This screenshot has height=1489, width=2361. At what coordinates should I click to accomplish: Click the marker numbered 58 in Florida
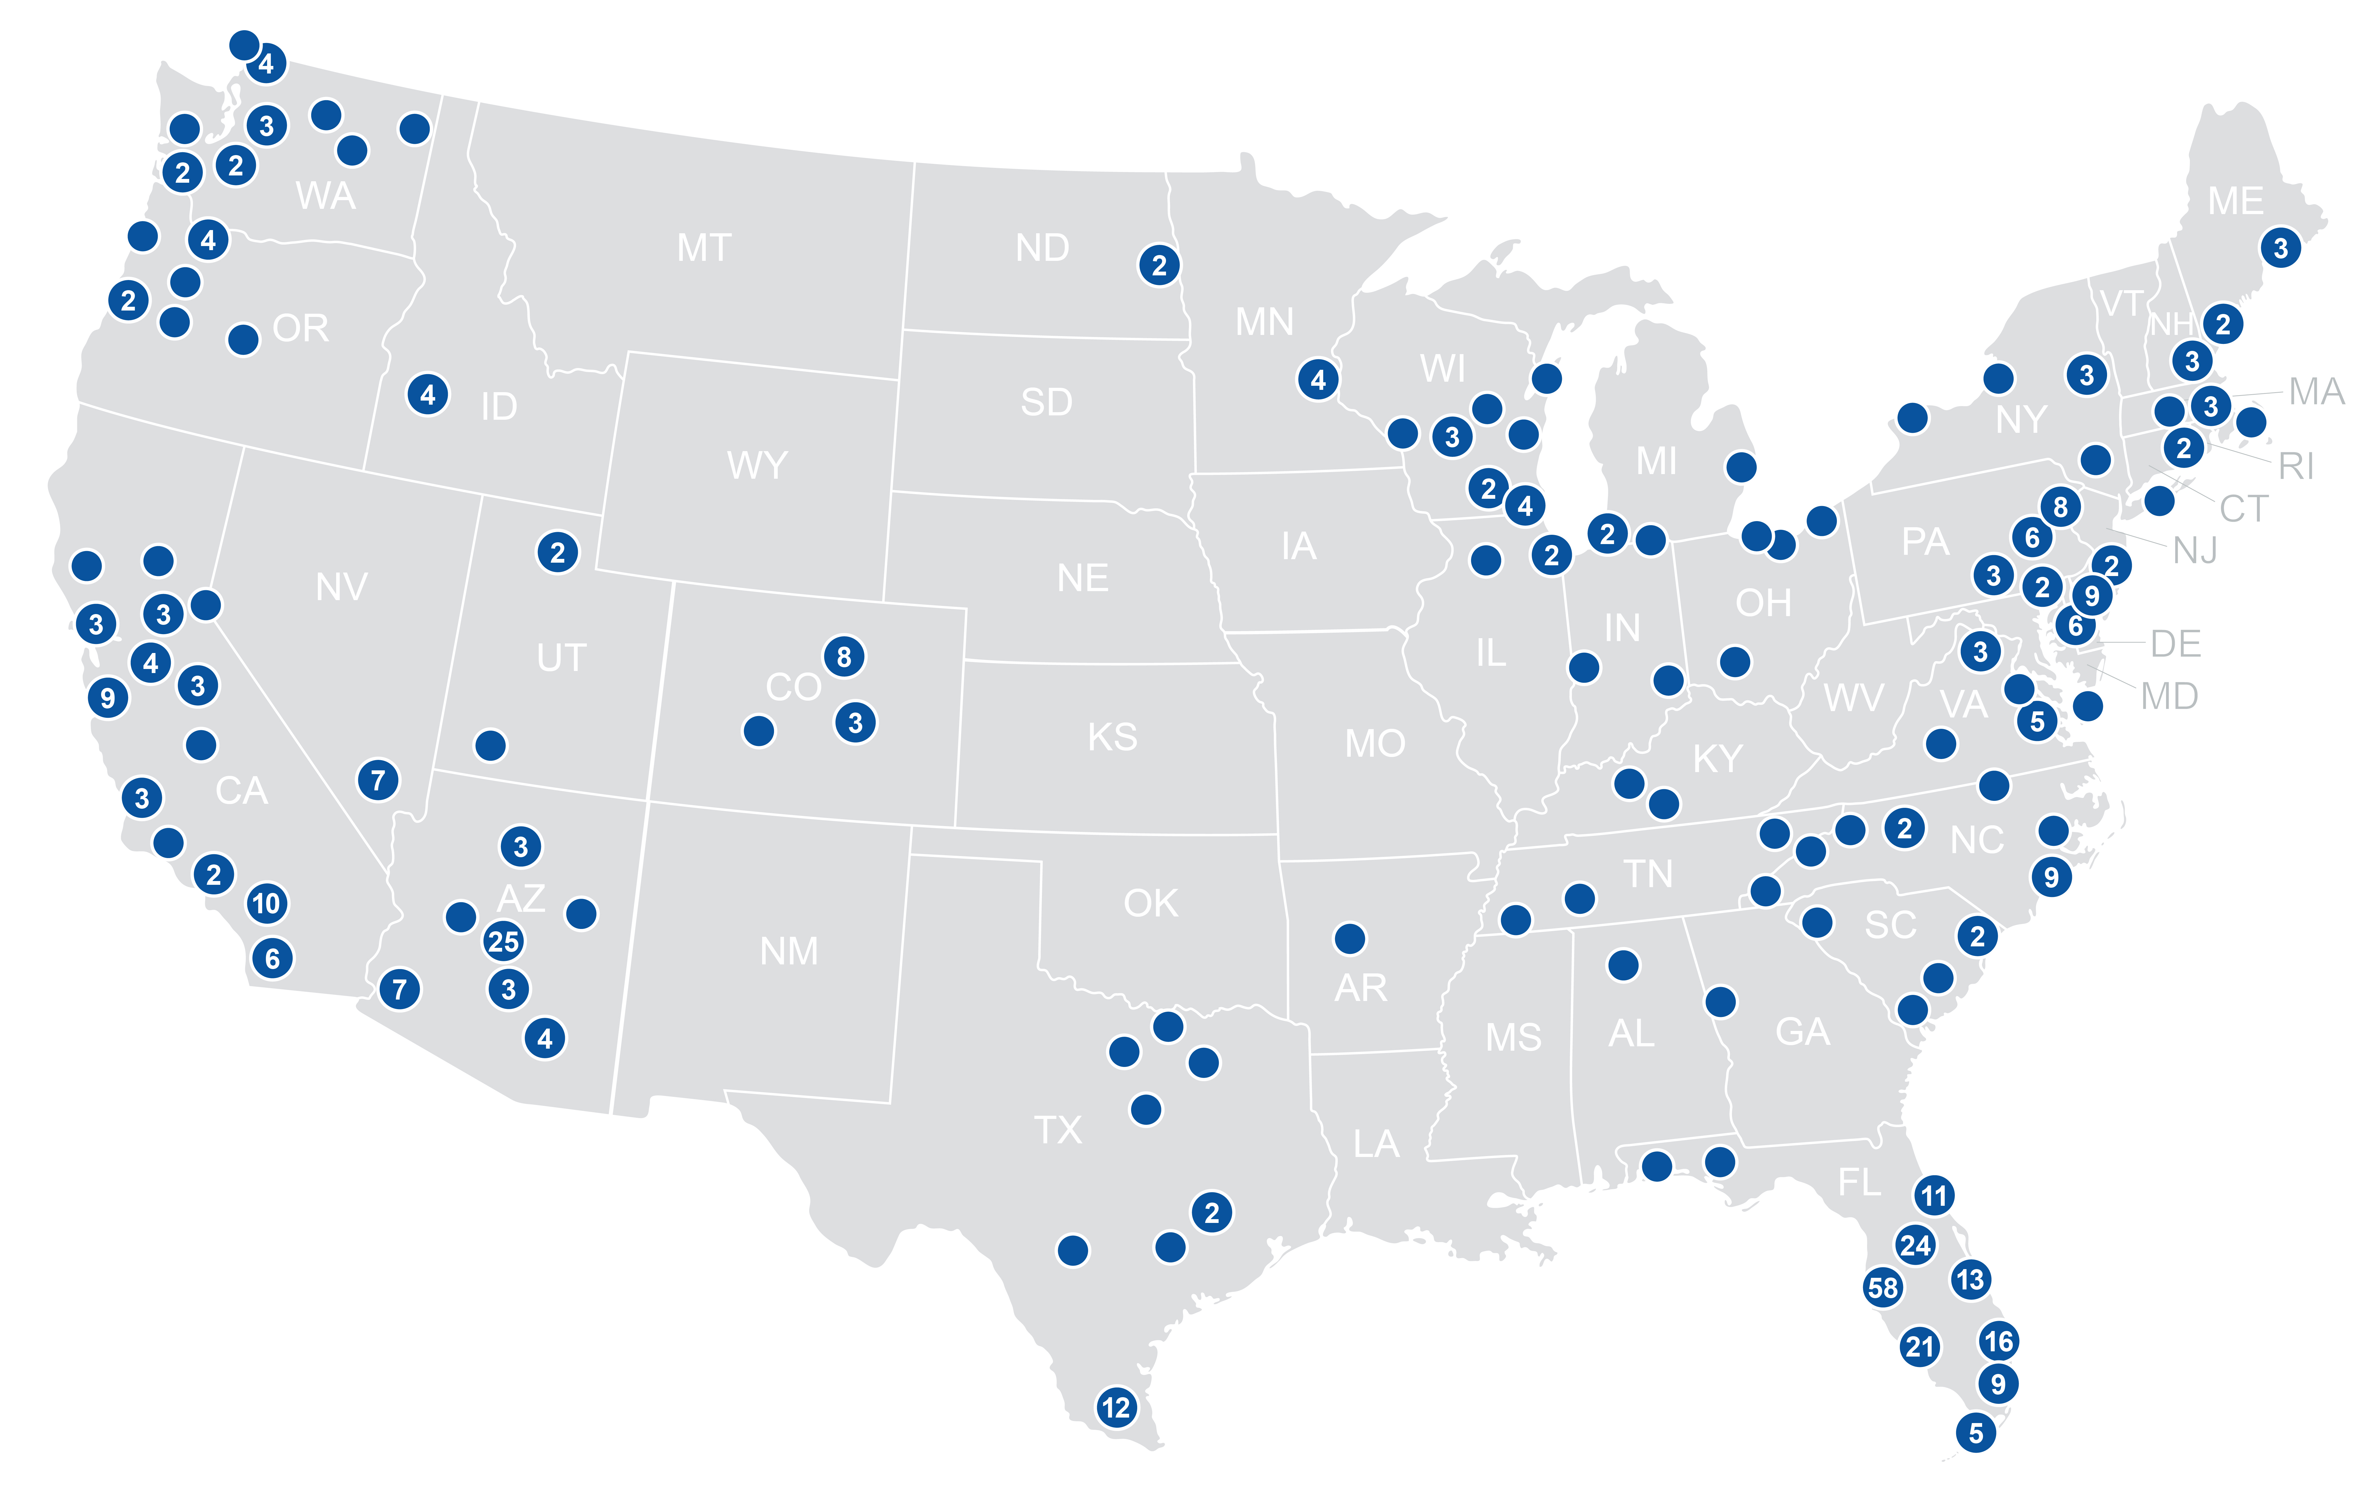(x=1882, y=1287)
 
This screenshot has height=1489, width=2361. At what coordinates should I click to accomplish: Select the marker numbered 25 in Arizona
(x=503, y=941)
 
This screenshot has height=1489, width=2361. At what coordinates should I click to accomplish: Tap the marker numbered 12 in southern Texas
(x=1116, y=1408)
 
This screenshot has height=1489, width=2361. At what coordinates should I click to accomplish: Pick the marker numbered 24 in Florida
(x=1915, y=1245)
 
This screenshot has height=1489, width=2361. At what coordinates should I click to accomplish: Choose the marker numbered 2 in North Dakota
(x=1159, y=265)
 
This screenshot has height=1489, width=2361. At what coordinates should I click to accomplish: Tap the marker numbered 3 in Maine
(x=2281, y=248)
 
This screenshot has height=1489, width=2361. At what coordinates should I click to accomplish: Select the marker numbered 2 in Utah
(x=557, y=552)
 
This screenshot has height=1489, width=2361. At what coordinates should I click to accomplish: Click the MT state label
(x=704, y=248)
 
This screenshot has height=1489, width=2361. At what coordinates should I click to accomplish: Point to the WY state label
(x=757, y=465)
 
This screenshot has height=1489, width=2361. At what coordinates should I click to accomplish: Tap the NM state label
(x=788, y=951)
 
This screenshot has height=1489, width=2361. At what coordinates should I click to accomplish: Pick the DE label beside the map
(x=2176, y=644)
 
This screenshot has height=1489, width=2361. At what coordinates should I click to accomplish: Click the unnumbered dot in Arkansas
(x=1349, y=938)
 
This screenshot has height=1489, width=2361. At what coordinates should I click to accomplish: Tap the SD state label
(x=1046, y=402)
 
